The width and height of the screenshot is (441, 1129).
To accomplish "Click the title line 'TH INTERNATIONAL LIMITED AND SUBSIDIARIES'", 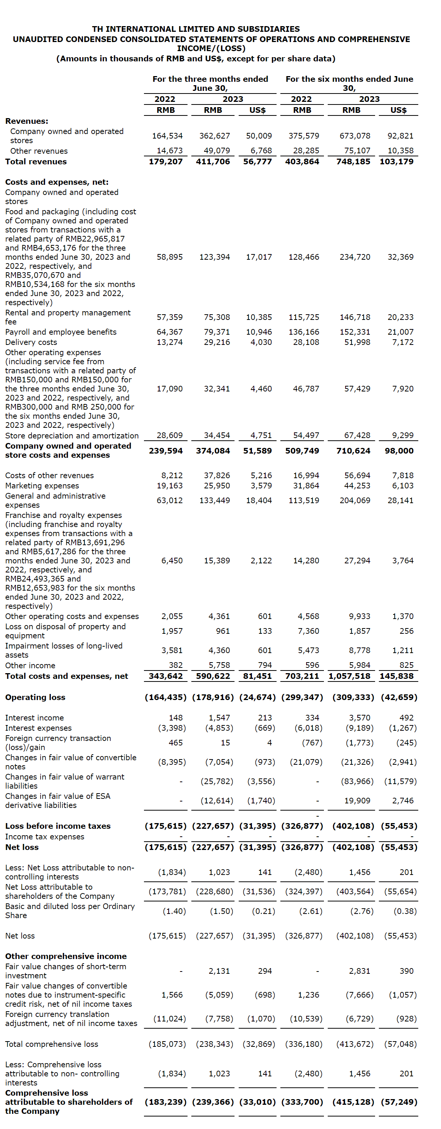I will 196,29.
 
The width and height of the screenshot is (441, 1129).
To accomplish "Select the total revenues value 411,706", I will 213,161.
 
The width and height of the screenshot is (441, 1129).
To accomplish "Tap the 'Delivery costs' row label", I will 31,342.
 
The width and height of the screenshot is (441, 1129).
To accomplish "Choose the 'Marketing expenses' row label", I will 42,486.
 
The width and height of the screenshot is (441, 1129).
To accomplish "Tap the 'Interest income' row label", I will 34,718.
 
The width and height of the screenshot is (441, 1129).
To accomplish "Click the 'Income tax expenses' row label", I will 45,837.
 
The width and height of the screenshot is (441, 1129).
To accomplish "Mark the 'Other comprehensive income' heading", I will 66,956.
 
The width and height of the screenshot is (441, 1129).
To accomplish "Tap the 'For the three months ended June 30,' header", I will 210,83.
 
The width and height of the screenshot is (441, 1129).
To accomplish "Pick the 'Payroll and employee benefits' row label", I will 61,332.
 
